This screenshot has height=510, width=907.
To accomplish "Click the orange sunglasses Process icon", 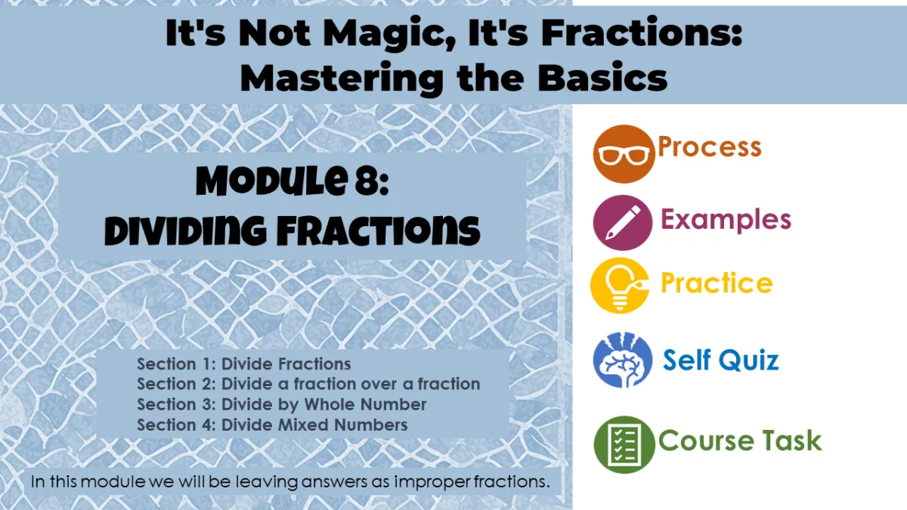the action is (624, 154).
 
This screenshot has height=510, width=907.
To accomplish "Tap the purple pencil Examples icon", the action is (623, 223).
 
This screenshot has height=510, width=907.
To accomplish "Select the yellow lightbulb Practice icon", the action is (620, 286).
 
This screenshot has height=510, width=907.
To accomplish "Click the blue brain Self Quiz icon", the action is (623, 360).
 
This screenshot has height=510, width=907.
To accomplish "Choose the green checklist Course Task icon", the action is (624, 444).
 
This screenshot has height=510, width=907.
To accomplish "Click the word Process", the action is (710, 147).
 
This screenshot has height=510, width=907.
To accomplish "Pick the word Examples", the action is (726, 219).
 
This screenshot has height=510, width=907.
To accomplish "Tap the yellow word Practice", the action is (717, 283).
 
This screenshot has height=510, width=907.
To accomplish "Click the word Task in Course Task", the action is (792, 440).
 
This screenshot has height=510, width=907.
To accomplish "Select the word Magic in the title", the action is (392, 35).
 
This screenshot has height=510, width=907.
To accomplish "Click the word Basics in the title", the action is (602, 78).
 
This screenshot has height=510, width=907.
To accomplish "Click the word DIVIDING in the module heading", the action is (185, 230).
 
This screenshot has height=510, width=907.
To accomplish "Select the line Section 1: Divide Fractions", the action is (243, 364).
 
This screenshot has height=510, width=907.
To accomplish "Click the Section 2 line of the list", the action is (308, 384).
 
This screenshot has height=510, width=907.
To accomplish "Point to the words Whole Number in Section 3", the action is (365, 404).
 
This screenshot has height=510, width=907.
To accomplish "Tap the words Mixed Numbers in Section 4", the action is (342, 425).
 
